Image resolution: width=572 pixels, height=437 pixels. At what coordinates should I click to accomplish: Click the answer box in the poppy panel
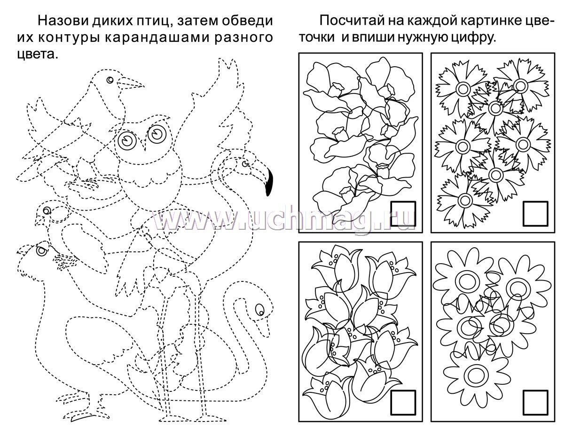click(403, 213)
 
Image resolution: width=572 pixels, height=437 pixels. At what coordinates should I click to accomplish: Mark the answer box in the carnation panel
click(535, 213)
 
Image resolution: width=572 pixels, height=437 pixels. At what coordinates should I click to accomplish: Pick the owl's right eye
click(157, 134)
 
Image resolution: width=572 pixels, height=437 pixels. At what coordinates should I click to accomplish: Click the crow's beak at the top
click(130, 83)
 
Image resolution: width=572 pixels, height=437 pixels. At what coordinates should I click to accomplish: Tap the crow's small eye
click(110, 80)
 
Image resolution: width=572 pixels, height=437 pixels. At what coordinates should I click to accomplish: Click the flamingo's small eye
click(245, 164)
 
